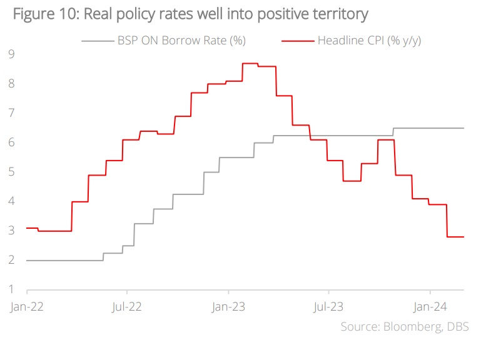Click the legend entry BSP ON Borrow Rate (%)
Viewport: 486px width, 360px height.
tap(181, 41)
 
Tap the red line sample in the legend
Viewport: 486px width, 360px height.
tap(297, 41)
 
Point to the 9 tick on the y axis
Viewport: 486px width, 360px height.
tap(11, 54)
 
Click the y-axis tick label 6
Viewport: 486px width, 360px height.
tap(11, 142)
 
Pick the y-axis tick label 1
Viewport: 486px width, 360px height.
tap(11, 289)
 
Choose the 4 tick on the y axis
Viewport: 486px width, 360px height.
tap(11, 201)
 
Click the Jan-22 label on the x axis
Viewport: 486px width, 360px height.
tap(26, 307)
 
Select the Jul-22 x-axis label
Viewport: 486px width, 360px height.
tap(127, 307)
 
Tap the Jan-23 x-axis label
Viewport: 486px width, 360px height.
tap(228, 307)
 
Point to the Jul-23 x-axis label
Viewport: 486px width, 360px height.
tap(329, 307)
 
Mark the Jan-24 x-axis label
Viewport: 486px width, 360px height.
tap(430, 307)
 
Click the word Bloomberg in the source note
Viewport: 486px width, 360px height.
tap(413, 327)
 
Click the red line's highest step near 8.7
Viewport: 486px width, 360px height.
tap(250, 64)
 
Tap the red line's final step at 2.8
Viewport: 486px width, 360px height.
tap(455, 237)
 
